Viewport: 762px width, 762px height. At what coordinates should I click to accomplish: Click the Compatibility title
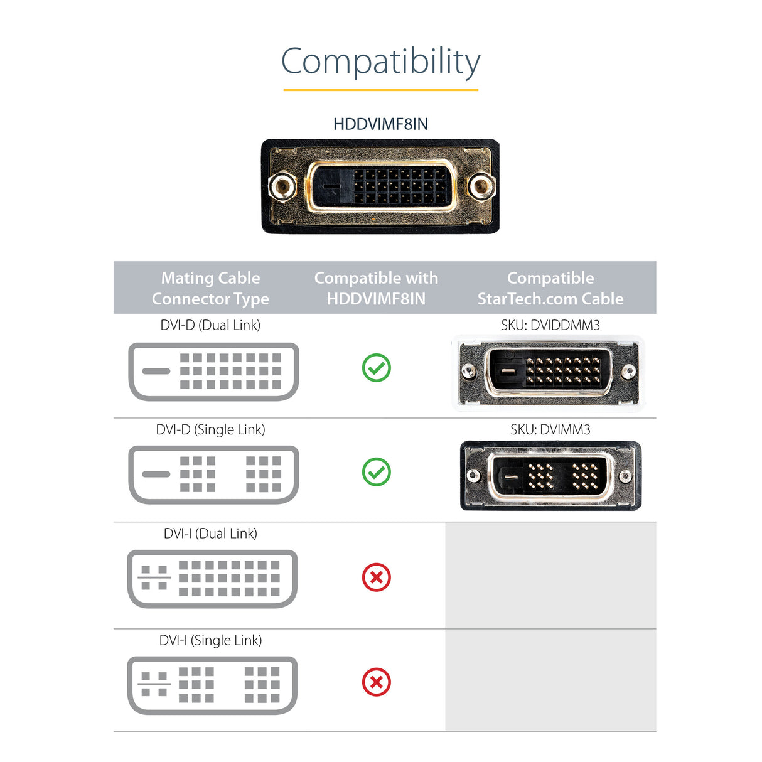380,62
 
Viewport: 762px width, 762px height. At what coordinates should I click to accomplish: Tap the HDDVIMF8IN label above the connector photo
380,124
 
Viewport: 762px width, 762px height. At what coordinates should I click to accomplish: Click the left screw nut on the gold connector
282,186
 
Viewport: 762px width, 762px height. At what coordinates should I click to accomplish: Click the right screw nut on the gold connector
480,186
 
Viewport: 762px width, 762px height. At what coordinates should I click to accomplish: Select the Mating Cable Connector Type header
210,288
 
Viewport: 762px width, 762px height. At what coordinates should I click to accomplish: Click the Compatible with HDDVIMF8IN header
376,288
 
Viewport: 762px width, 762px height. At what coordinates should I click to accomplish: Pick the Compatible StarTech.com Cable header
550,288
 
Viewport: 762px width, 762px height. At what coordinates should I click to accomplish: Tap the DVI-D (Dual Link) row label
210,325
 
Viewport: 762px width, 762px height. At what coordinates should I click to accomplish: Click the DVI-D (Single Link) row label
210,430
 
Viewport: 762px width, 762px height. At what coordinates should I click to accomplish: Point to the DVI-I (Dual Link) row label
210,534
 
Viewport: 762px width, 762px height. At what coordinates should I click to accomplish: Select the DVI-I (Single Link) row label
210,640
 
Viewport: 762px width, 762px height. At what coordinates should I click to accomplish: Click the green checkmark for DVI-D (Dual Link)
377,368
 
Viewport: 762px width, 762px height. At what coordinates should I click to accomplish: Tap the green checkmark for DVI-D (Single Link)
377,472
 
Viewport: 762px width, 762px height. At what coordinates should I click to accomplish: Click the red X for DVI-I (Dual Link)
377,577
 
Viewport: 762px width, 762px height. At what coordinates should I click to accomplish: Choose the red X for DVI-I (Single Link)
377,682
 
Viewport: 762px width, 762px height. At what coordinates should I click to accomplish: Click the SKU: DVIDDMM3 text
550,325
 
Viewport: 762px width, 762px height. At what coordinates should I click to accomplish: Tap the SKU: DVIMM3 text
550,430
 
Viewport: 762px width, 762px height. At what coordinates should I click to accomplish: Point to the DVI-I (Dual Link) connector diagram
212,579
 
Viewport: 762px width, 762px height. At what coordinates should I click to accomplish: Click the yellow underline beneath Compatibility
380,90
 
